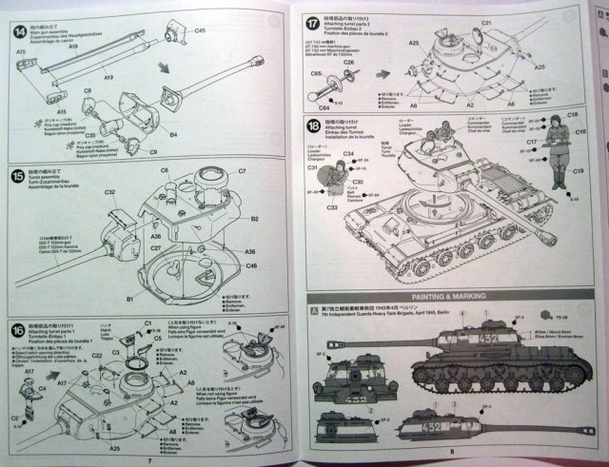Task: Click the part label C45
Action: coord(200,32)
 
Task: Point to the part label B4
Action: coord(174,136)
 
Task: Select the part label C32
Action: coord(109,192)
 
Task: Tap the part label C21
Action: coord(485,22)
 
